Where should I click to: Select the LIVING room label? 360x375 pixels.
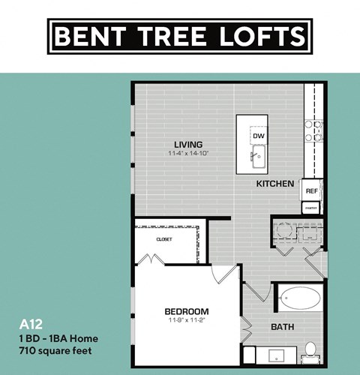(188, 145)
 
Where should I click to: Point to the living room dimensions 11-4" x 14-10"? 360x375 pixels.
(188, 154)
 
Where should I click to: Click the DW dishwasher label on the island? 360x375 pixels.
(259, 136)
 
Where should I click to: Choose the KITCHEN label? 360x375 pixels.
(274, 184)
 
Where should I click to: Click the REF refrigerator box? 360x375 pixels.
(312, 190)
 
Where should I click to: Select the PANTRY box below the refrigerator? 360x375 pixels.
(312, 208)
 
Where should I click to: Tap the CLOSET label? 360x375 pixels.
(164, 238)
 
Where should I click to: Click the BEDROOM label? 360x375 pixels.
(186, 311)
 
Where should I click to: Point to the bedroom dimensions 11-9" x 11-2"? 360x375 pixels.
(186, 320)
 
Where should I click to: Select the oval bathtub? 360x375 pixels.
(299, 300)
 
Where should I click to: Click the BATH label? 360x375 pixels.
(282, 327)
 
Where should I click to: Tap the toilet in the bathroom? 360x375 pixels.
(310, 350)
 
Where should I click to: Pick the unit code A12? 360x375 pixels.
(28, 325)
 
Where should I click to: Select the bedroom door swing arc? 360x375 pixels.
(225, 274)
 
